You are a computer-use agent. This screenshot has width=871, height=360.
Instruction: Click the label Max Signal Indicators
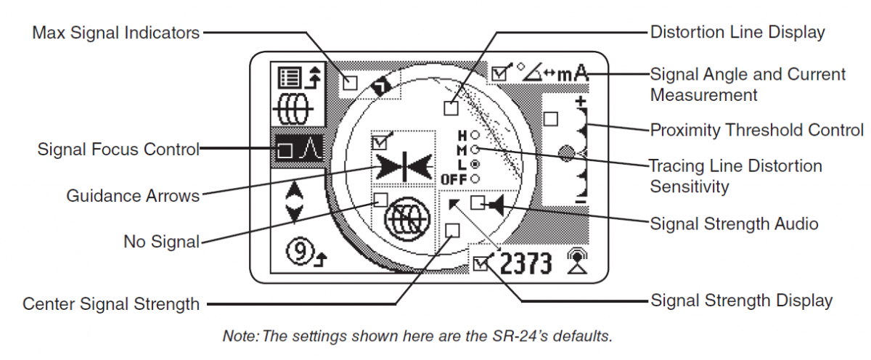[x=115, y=33]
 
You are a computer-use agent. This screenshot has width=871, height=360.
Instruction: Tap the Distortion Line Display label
[x=737, y=33]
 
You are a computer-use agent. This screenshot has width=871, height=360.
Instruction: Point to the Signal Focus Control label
[x=118, y=150]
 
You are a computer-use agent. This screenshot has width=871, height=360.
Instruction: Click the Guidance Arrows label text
[x=132, y=196]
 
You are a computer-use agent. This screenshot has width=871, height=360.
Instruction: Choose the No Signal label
[x=161, y=241]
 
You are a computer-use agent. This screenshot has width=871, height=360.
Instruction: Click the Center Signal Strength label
[x=111, y=303]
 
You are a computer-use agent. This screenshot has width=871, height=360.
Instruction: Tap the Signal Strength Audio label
[x=734, y=224]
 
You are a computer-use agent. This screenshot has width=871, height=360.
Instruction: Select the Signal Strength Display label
[x=741, y=300]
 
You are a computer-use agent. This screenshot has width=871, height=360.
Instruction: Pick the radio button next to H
[x=475, y=135]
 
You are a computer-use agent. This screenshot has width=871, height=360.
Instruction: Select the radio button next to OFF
[x=475, y=179]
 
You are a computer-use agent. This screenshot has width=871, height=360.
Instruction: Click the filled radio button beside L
[x=475, y=164]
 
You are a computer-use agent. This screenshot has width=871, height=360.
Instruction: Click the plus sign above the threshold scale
[x=581, y=101]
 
